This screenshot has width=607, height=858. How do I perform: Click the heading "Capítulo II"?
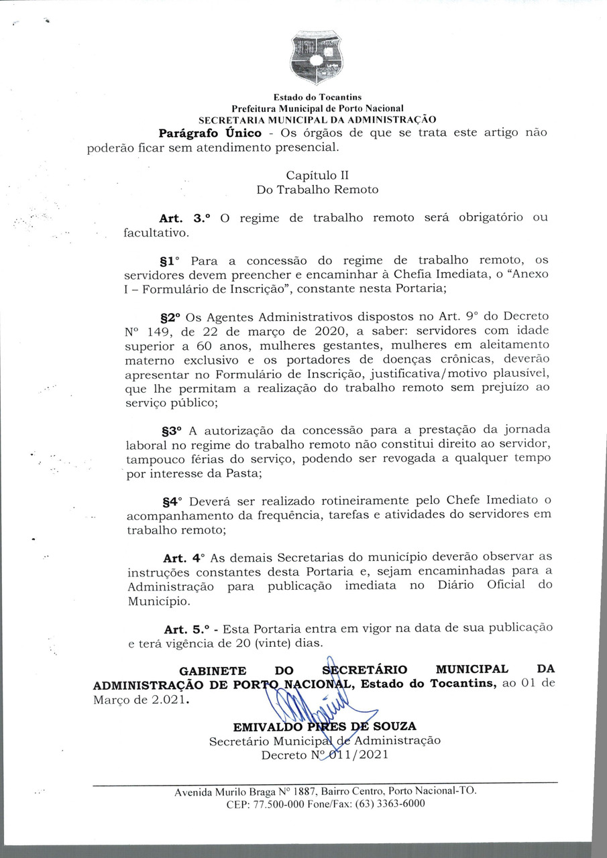[317, 176]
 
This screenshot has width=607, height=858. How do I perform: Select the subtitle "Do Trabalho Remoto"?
[317, 190]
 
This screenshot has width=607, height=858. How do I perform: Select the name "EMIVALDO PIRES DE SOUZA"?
[325, 727]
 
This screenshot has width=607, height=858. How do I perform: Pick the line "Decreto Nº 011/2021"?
[325, 755]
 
